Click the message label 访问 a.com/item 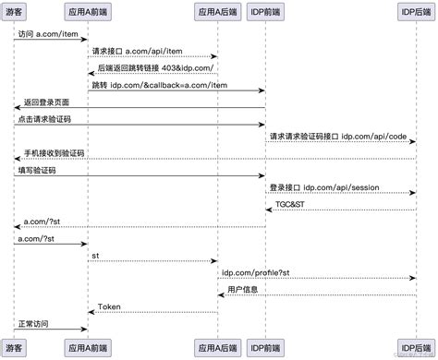click(44, 32)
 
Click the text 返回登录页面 click(47, 102)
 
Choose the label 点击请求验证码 click(43, 119)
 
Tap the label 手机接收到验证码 click(55, 153)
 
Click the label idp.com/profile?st click(256, 271)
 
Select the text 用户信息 click(243, 289)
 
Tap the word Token click(110, 306)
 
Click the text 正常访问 click(36, 323)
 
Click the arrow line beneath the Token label click(152, 313)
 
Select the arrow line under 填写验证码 click(139, 176)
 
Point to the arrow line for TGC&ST click(339, 210)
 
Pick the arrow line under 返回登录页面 click(139, 108)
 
